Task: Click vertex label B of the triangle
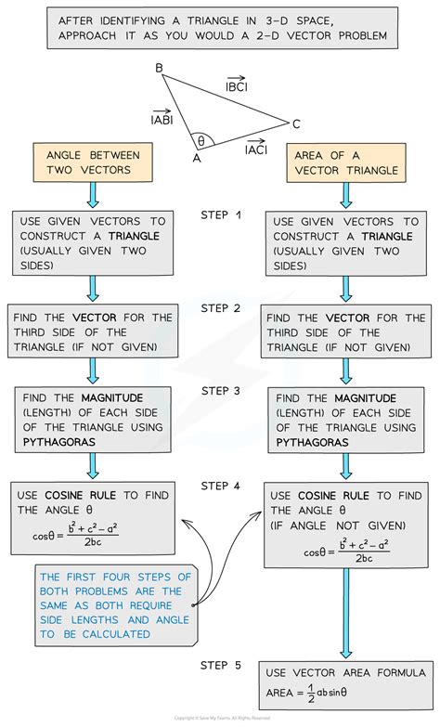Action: [159, 68]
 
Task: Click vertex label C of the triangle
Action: [296, 123]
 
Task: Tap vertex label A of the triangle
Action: [195, 158]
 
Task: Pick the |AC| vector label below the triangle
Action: [257, 148]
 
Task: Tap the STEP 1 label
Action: [221, 215]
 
